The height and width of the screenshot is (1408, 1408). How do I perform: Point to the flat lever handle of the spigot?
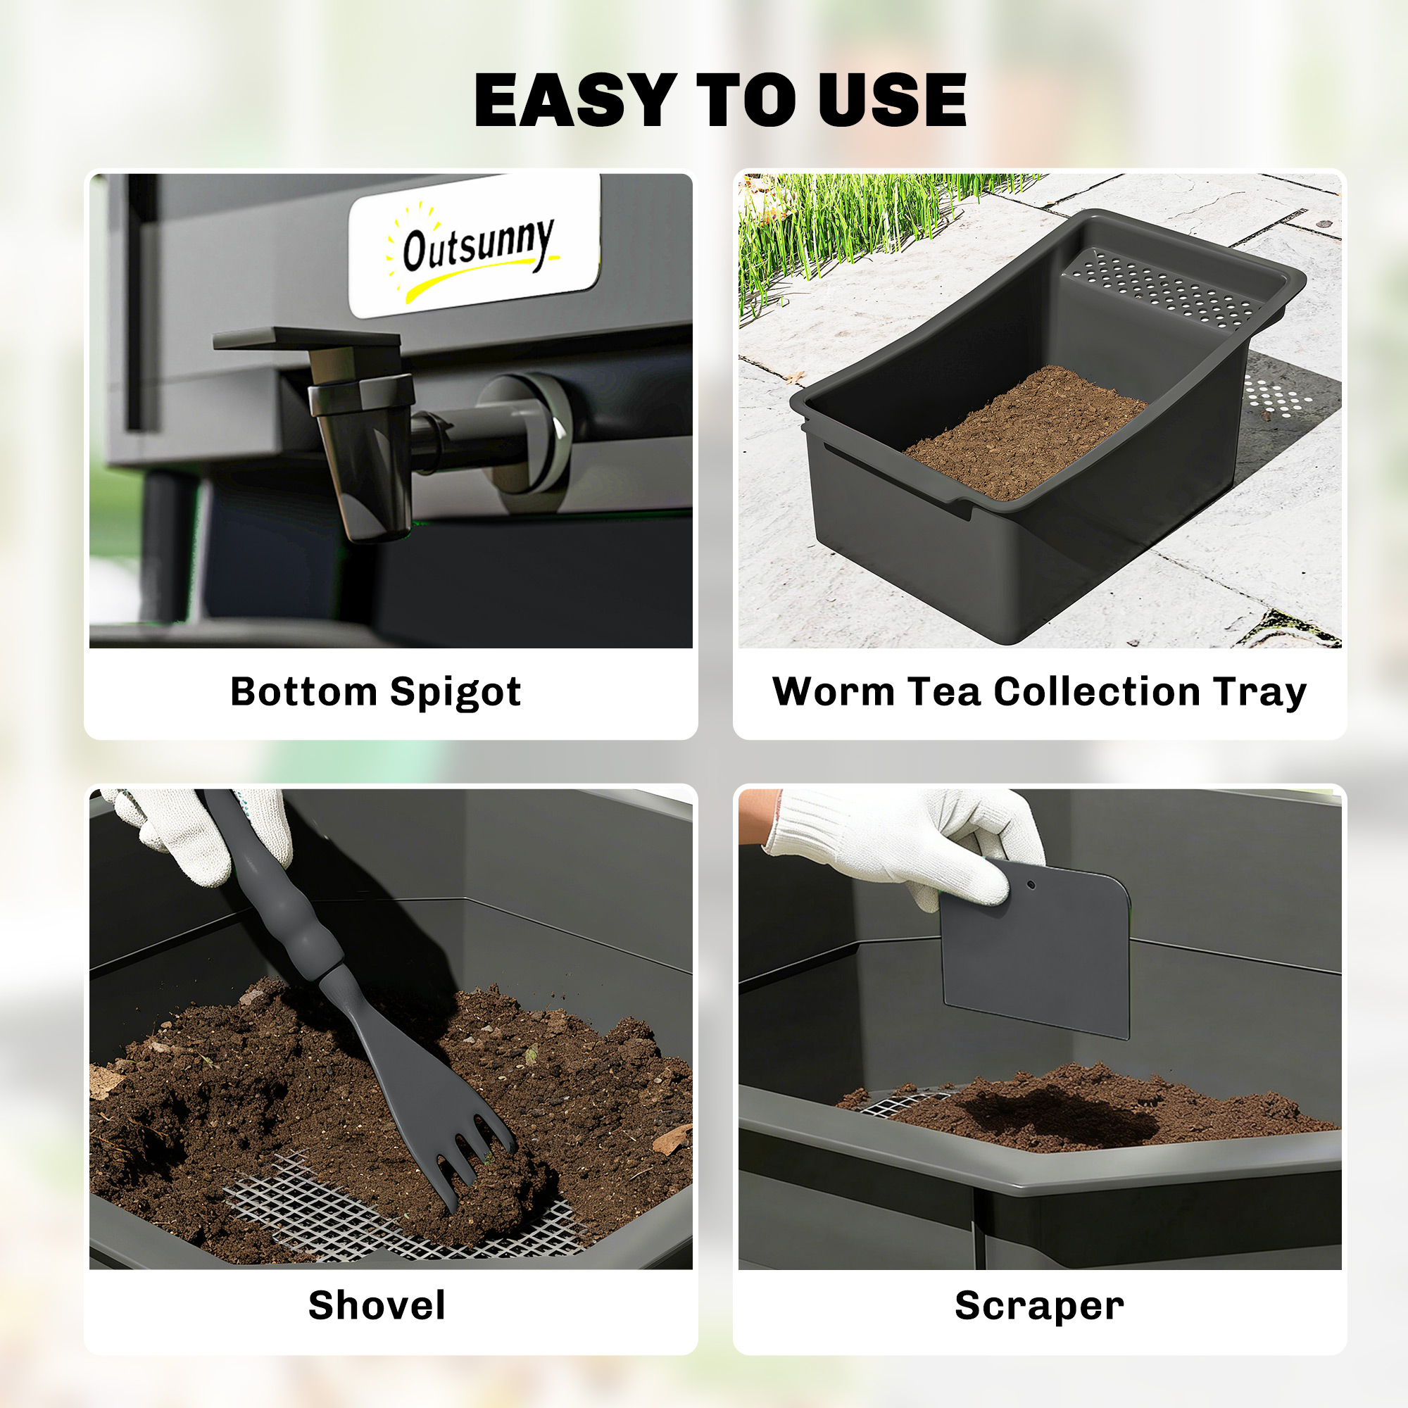pos(306,339)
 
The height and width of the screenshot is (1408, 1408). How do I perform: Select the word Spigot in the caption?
pos(455,692)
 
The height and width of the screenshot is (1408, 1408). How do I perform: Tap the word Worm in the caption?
pos(833,691)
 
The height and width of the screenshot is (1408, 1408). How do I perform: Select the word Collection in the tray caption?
pos(1097,691)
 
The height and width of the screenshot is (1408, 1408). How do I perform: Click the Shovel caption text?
pos(377,1305)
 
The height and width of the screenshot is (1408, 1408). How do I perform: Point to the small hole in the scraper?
pos(1031,886)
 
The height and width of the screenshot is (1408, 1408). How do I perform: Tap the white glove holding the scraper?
pos(904,846)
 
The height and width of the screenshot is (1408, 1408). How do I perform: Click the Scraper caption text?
pos(1039,1306)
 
